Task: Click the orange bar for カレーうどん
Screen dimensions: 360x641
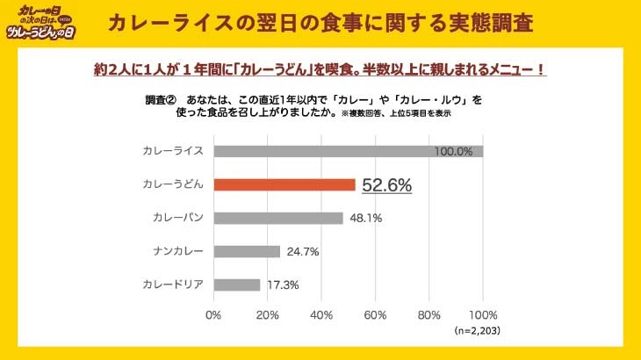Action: click(284, 184)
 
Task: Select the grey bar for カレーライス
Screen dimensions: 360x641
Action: click(348, 151)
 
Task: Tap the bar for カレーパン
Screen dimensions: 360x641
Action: click(277, 218)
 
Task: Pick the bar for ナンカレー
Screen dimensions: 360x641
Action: click(246, 251)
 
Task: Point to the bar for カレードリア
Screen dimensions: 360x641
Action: click(236, 284)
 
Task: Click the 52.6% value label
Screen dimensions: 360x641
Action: click(387, 185)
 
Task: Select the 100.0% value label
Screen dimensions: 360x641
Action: click(453, 151)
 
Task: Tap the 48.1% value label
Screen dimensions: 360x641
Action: click(364, 218)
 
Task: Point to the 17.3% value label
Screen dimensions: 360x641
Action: click(282, 285)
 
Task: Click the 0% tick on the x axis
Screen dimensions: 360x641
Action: click(213, 314)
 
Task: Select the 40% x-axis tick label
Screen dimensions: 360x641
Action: click(321, 314)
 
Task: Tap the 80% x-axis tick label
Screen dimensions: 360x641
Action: click(429, 314)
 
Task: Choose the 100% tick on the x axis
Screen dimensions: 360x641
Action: click(483, 314)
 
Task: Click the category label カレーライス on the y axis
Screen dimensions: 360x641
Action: click(173, 151)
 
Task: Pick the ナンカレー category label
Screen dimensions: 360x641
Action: click(178, 252)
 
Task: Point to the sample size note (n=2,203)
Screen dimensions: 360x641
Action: click(479, 331)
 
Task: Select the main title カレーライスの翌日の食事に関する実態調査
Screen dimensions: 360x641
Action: click(320, 23)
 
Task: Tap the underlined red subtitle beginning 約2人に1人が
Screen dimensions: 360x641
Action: click(320, 68)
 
